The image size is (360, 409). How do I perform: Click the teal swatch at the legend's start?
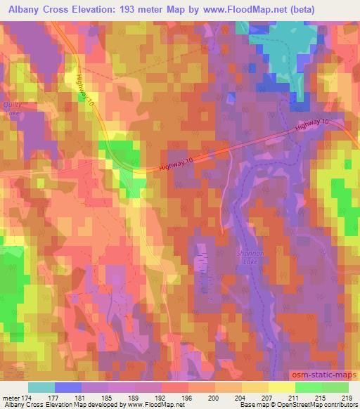pyautogui.click(x=41, y=387)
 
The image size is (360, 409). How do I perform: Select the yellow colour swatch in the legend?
pyautogui.click(x=281, y=387)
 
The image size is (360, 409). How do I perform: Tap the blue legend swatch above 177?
pyautogui.click(x=68, y=387)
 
